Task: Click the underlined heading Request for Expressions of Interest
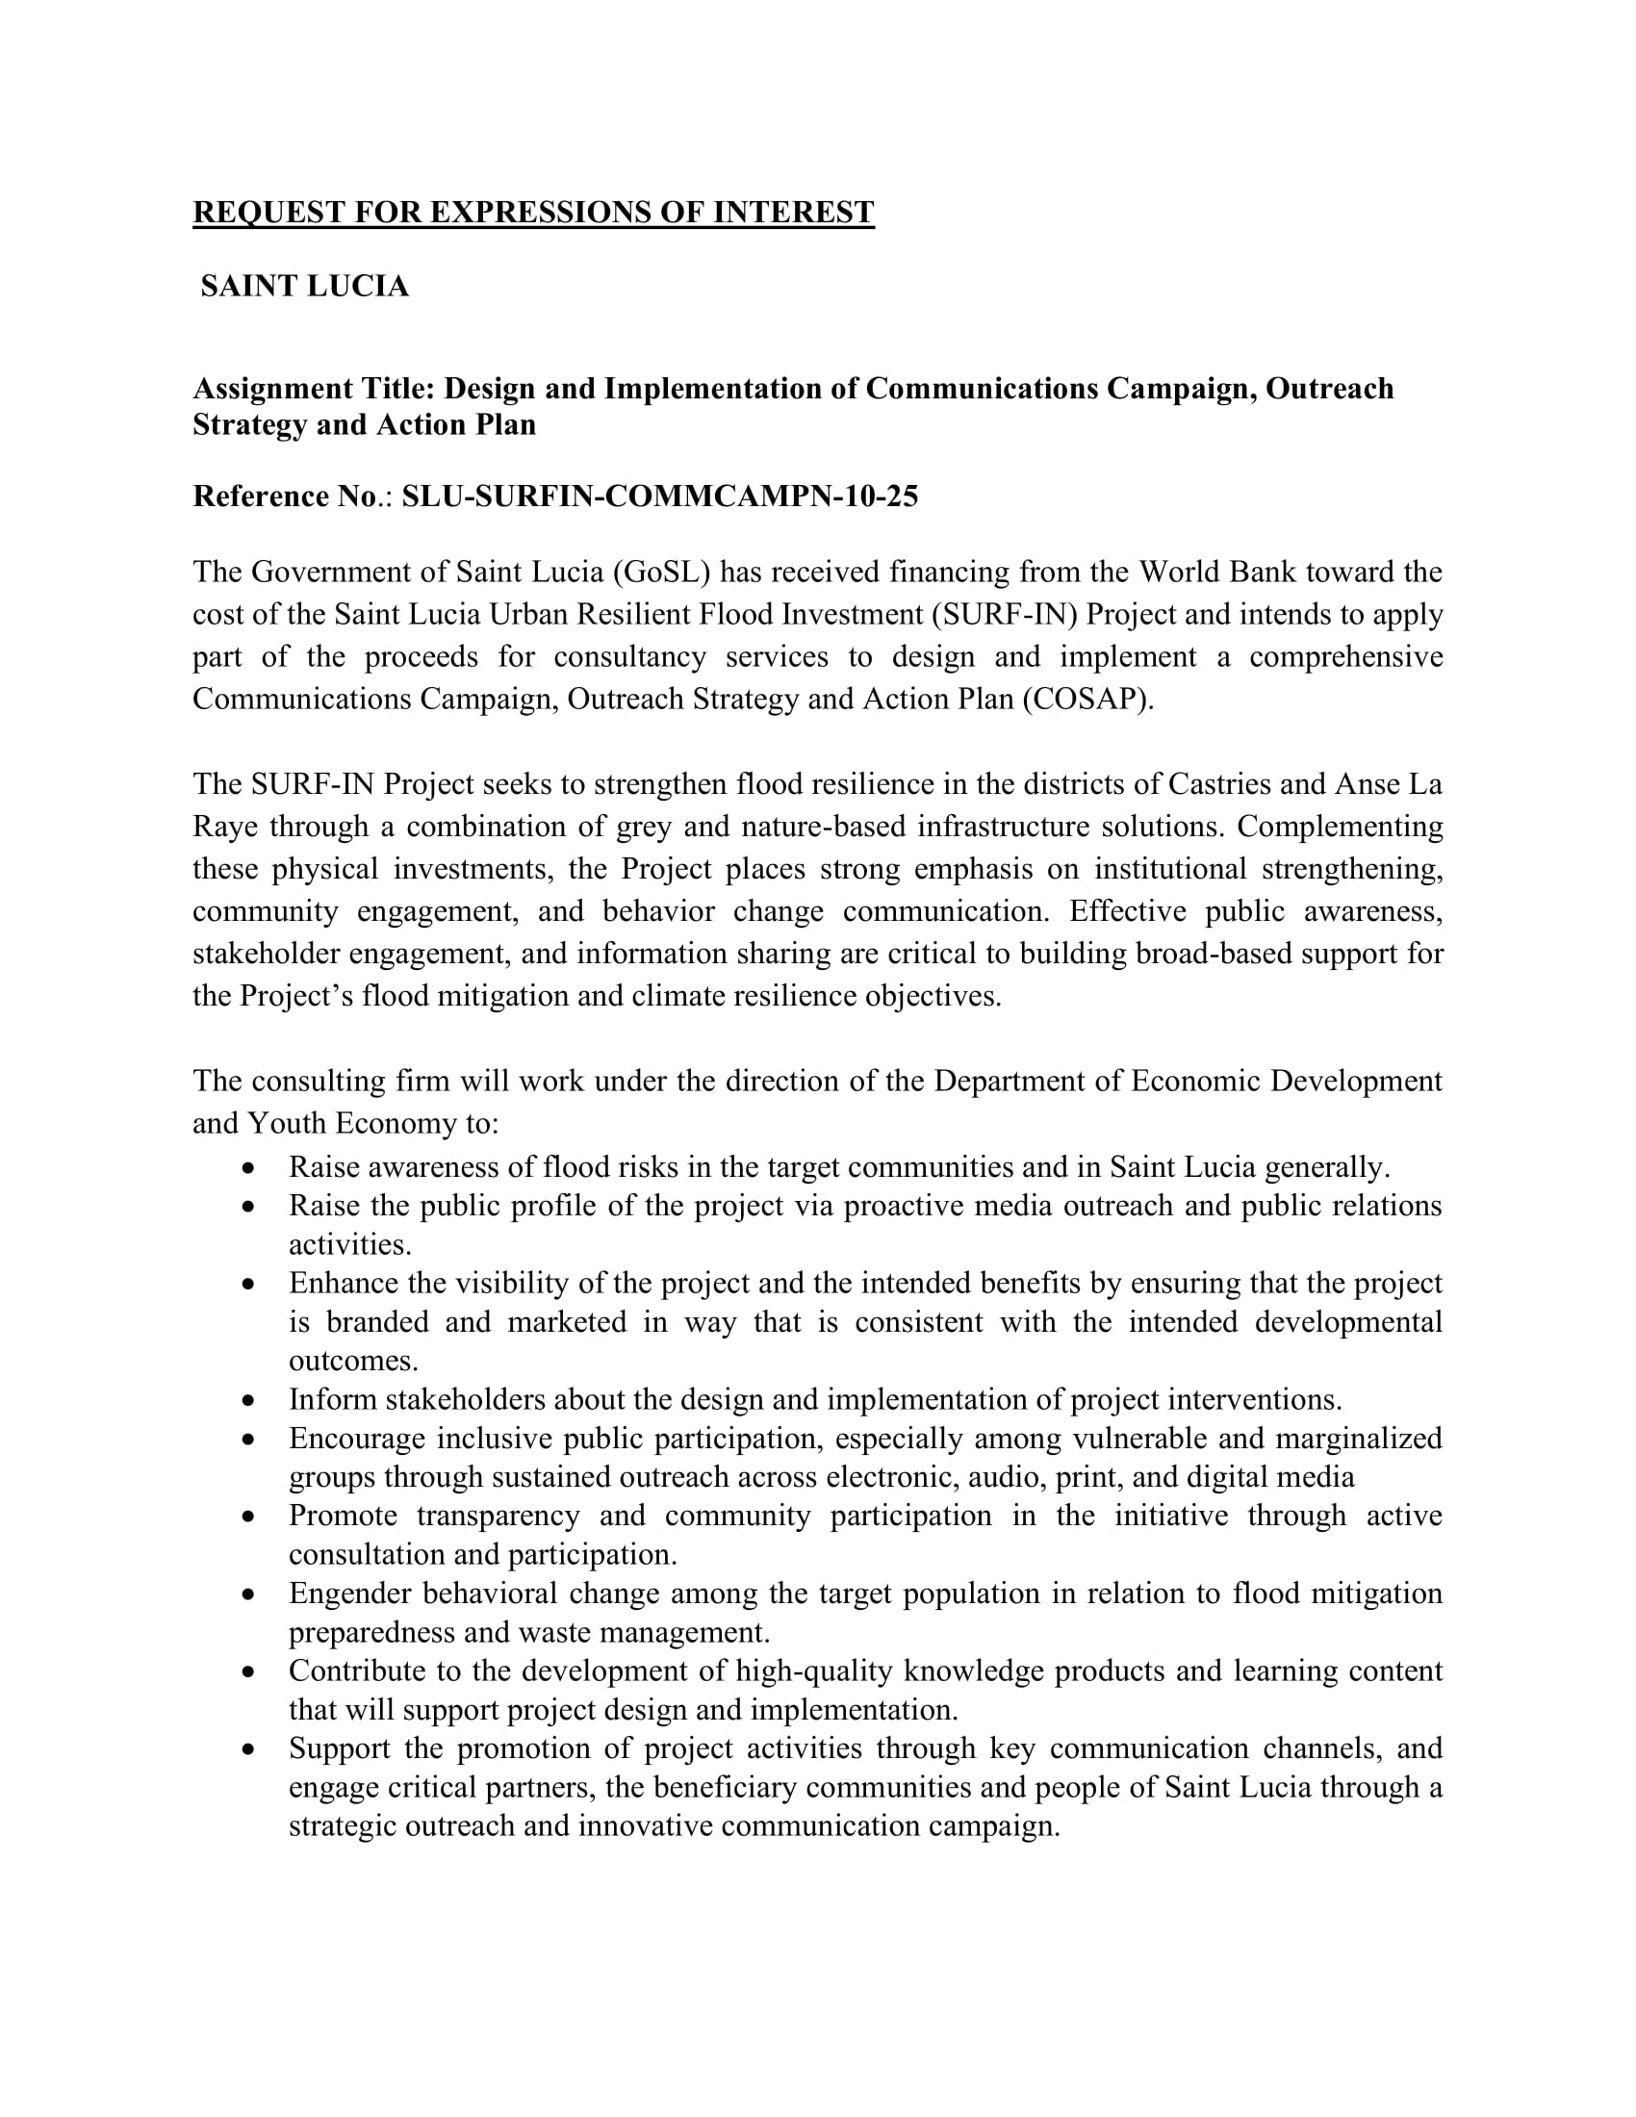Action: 533,213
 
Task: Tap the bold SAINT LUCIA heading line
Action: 304,286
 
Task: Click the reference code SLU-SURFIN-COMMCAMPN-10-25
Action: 660,497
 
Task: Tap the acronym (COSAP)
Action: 1088,699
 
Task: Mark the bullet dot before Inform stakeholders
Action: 249,1401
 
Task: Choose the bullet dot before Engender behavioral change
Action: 249,1594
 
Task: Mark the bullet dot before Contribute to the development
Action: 249,1672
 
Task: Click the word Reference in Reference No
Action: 262,497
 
